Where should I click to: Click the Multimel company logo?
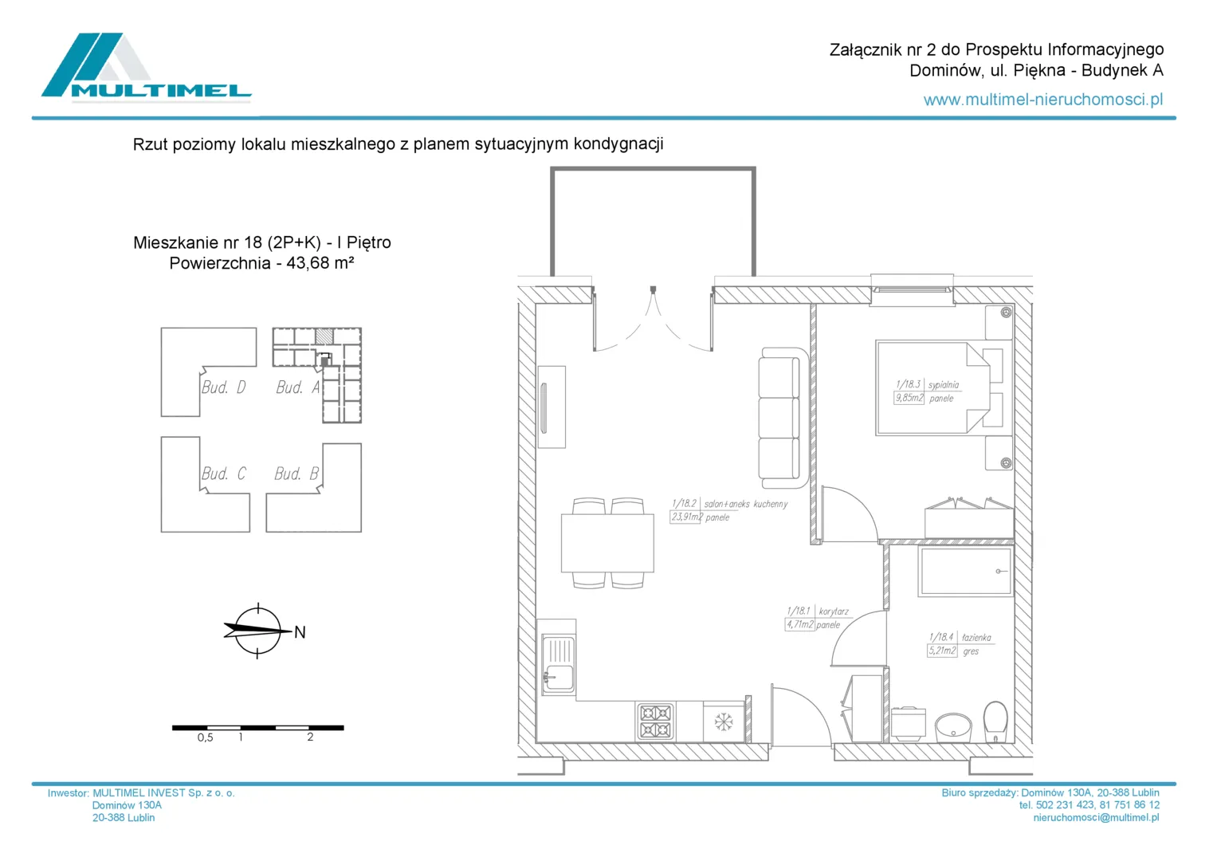pyautogui.click(x=147, y=68)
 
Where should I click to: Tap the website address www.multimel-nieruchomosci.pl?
pyautogui.click(x=1042, y=100)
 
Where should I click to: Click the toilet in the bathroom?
pyautogui.click(x=995, y=721)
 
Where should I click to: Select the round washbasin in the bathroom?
pyautogui.click(x=953, y=727)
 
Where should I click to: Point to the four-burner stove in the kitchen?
pyautogui.click(x=654, y=721)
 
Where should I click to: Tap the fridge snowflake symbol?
pyautogui.click(x=723, y=721)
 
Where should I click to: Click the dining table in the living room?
pyautogui.click(x=607, y=542)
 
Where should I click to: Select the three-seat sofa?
pyautogui.click(x=783, y=418)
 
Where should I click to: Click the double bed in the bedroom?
pyautogui.click(x=932, y=388)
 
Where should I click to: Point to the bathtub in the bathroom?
pyautogui.click(x=965, y=572)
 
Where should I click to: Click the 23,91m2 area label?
pyautogui.click(x=685, y=517)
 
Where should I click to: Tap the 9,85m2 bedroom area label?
pyautogui.click(x=909, y=398)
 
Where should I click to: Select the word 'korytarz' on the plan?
pyautogui.click(x=834, y=611)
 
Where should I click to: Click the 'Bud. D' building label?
pyautogui.click(x=223, y=387)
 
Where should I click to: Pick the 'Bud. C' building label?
pyautogui.click(x=223, y=474)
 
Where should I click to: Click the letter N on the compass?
pyautogui.click(x=300, y=632)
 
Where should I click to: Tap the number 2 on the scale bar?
pyautogui.click(x=310, y=737)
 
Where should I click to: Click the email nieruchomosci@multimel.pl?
pyautogui.click(x=1096, y=817)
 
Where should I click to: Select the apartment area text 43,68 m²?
pyautogui.click(x=320, y=263)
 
